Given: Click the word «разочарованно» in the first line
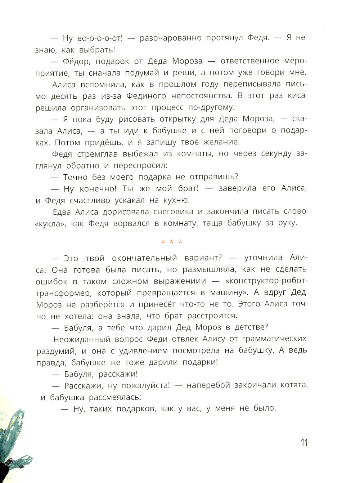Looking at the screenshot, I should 170,38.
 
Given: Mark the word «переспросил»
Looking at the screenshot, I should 140,166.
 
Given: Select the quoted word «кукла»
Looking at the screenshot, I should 51,224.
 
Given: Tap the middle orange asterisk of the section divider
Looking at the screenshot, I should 172,242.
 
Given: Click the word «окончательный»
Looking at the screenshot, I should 144,258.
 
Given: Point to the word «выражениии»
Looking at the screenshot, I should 180,281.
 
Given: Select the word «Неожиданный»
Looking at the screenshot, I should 81,339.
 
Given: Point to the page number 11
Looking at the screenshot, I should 304,443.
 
